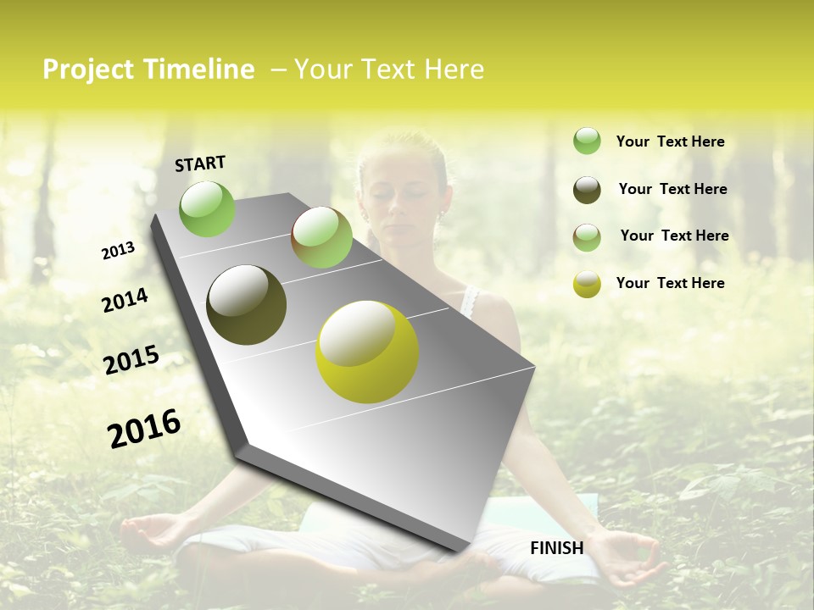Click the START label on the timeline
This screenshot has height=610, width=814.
pyautogui.click(x=200, y=164)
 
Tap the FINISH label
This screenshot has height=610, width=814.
pyautogui.click(x=556, y=548)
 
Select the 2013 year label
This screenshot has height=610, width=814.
pyautogui.click(x=118, y=251)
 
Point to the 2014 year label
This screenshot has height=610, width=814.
pyautogui.click(x=125, y=301)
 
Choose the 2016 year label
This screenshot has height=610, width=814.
pyautogui.click(x=144, y=428)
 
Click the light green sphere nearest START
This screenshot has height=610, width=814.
pyautogui.click(x=207, y=208)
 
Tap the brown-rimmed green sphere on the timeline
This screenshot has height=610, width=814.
pyautogui.click(x=321, y=237)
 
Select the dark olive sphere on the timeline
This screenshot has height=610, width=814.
pyautogui.click(x=247, y=305)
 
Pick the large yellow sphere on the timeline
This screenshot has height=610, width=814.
pyautogui.click(x=367, y=352)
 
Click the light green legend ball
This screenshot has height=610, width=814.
pyautogui.click(x=587, y=141)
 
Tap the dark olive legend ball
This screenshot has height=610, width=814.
pyautogui.click(x=587, y=190)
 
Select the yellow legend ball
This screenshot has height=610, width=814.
pyautogui.click(x=587, y=284)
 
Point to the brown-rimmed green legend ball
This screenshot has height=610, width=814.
pyautogui.click(x=587, y=237)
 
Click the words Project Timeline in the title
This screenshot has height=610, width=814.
pyautogui.click(x=148, y=69)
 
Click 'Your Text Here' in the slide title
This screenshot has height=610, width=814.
pyautogui.click(x=388, y=69)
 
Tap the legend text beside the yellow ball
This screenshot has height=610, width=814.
pyautogui.click(x=670, y=283)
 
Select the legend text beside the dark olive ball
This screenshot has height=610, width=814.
pyautogui.click(x=672, y=189)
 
